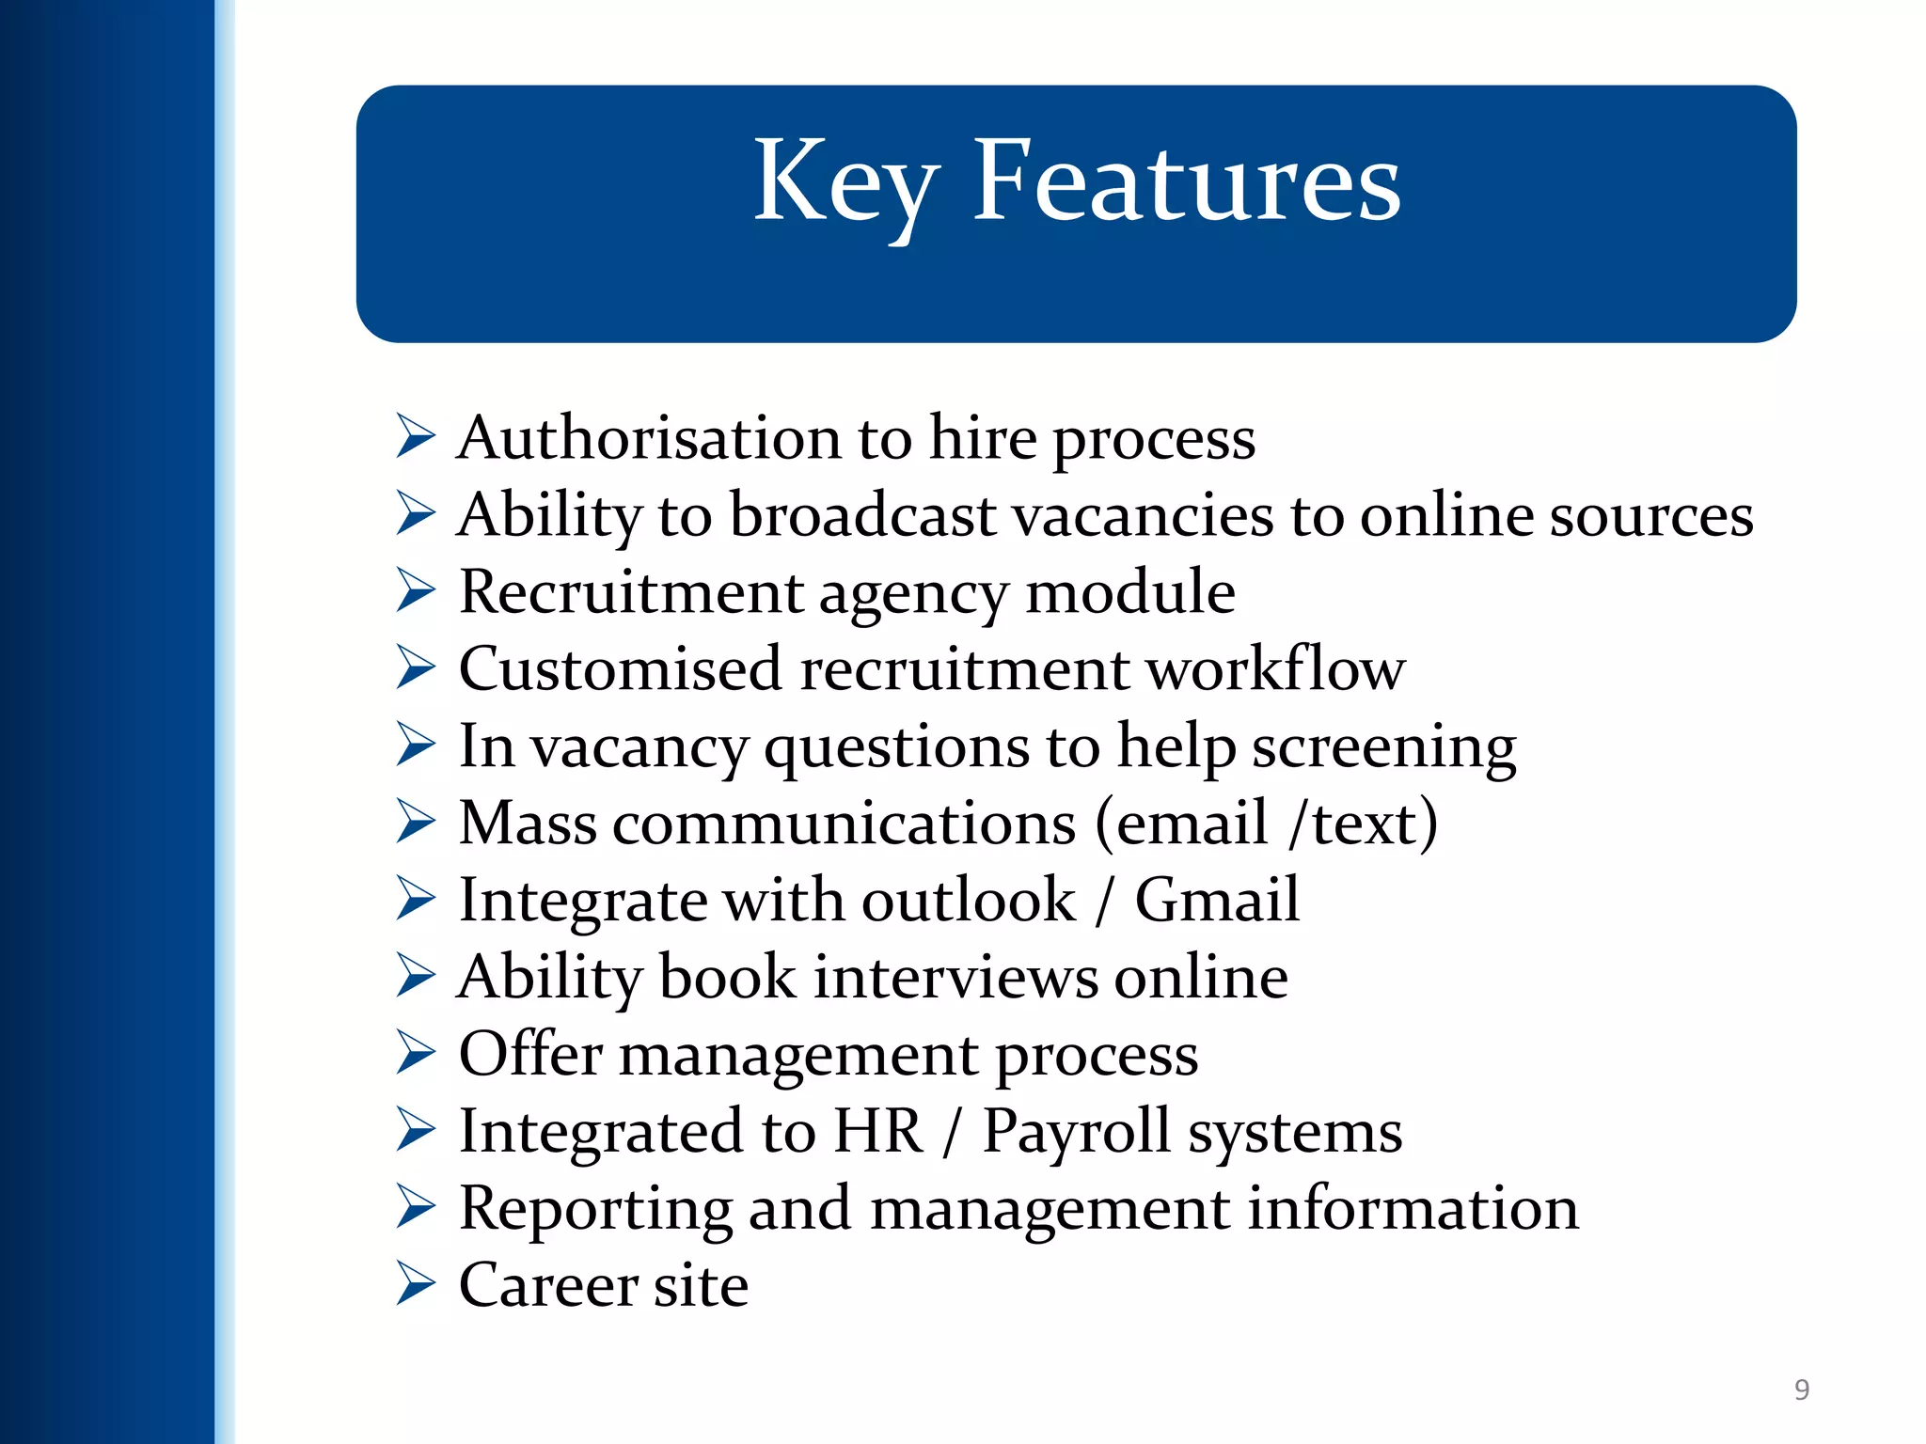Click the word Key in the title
pyautogui.click(x=845, y=183)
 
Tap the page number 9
pyautogui.click(x=1801, y=1389)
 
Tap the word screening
pyautogui.click(x=1383, y=747)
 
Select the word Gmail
pyautogui.click(x=1217, y=901)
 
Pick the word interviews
pyautogui.click(x=955, y=978)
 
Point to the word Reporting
pyautogui.click(x=595, y=1209)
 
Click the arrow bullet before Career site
pyautogui.click(x=415, y=1284)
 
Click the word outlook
pyautogui.click(x=968, y=901)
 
